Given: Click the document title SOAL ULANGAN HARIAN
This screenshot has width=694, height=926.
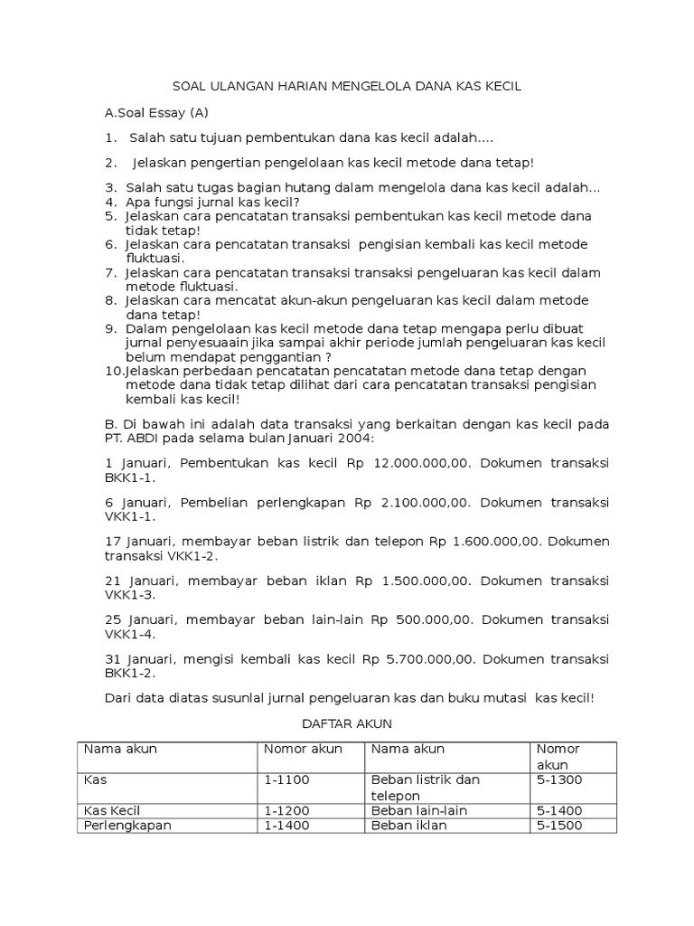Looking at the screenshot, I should (347, 87).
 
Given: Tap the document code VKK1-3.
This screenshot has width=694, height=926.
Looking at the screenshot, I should (130, 595).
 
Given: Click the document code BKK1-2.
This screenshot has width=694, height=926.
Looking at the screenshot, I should (130, 673).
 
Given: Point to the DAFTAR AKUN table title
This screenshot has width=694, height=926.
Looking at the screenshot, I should (346, 724).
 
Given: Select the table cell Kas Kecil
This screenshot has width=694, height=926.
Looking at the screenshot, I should (112, 810).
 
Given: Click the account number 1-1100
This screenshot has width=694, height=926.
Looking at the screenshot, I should (287, 780).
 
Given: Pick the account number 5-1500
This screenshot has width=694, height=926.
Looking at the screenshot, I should (559, 826).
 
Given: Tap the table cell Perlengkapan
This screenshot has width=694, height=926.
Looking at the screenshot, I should (127, 826).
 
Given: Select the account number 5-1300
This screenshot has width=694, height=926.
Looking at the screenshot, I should (559, 780).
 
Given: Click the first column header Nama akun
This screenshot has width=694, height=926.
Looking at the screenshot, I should (120, 749).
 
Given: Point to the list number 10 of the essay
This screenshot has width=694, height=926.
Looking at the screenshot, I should (114, 371).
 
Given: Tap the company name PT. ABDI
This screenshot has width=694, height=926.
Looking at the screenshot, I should (134, 439).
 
